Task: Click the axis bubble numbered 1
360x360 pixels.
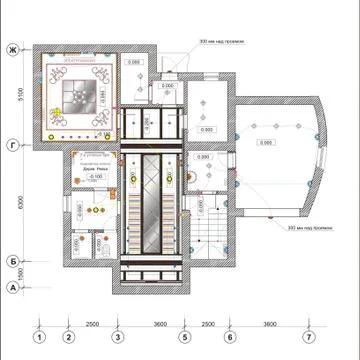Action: [39, 336]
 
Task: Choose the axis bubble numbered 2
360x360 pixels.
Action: [67, 336]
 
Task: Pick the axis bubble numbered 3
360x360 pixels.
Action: [116, 336]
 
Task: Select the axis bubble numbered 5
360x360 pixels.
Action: [185, 336]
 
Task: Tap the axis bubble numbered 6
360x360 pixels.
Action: [229, 336]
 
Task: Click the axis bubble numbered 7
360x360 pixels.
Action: [309, 336]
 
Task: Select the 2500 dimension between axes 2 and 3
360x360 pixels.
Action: [91, 324]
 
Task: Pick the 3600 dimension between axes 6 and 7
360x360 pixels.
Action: [269, 324]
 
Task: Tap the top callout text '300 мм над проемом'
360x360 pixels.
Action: [222, 43]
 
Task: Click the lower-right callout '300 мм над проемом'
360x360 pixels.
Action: [309, 228]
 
